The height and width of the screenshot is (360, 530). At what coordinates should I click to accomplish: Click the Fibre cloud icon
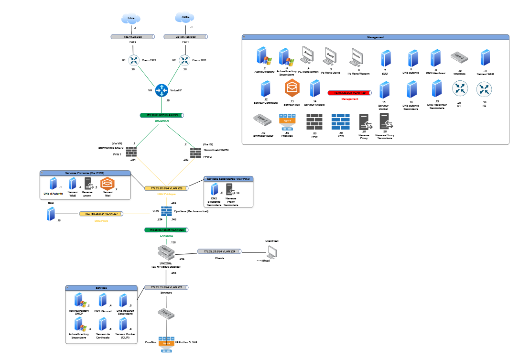(131, 19)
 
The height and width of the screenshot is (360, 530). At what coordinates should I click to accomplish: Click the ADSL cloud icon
(185, 18)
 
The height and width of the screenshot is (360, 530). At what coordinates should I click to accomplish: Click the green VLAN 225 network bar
(162, 115)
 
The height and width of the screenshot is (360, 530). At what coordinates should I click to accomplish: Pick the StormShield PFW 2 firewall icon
(195, 153)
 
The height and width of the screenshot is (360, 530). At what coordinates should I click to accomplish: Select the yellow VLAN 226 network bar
(166, 188)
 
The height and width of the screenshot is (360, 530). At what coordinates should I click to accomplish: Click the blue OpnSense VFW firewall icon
(166, 211)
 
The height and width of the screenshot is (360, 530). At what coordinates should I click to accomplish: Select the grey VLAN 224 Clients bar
(220, 251)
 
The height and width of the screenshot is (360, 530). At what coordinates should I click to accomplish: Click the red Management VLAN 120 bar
(349, 93)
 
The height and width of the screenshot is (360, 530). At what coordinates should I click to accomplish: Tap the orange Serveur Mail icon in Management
(292, 88)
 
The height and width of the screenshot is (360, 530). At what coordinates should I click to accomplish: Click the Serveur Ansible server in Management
(314, 89)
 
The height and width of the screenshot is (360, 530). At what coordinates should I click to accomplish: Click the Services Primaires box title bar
(85, 172)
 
